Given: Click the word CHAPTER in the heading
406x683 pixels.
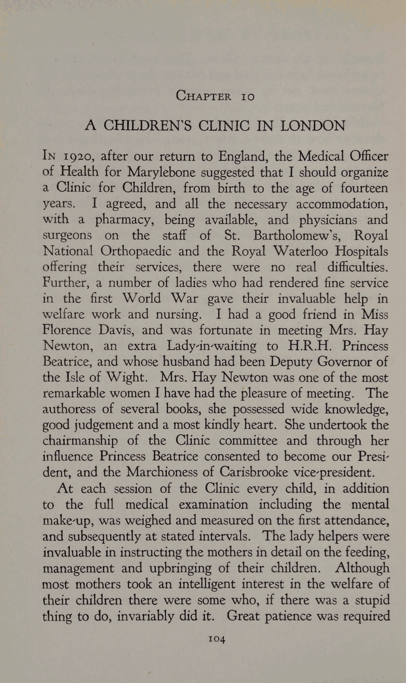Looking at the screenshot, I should click(203, 96).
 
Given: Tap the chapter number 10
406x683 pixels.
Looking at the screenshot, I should click(247, 97).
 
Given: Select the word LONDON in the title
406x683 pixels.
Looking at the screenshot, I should click(313, 126).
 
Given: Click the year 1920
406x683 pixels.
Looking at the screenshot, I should click(79, 157).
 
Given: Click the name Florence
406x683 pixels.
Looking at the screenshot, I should click(67, 330).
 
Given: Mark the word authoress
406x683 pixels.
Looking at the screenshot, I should click(69, 409).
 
